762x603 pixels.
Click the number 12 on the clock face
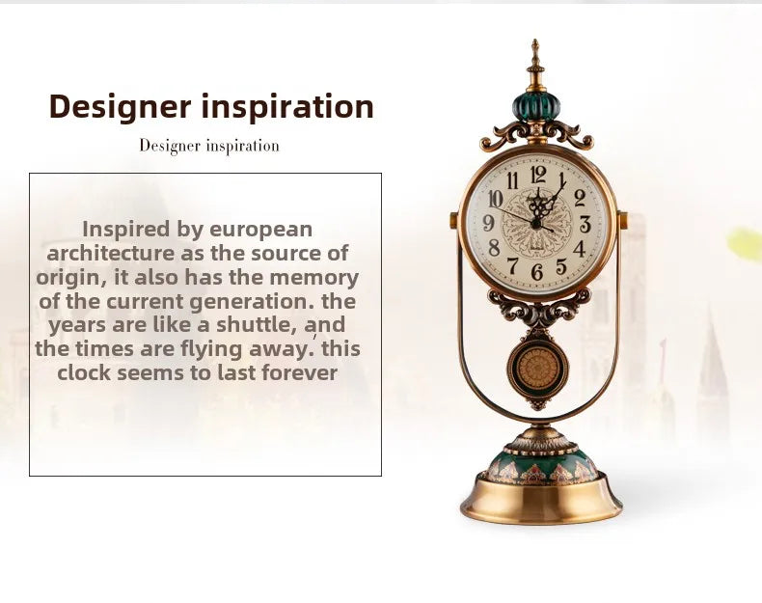point(537,175)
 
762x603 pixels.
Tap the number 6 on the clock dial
point(537,272)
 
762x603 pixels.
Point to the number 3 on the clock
point(585,224)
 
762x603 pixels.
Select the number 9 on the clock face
point(489,224)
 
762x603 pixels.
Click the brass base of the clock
point(540,502)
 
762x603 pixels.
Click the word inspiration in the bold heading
point(286,107)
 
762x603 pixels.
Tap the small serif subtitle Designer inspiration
point(209,146)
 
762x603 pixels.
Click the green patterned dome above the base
point(540,464)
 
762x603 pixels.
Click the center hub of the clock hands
point(537,223)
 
